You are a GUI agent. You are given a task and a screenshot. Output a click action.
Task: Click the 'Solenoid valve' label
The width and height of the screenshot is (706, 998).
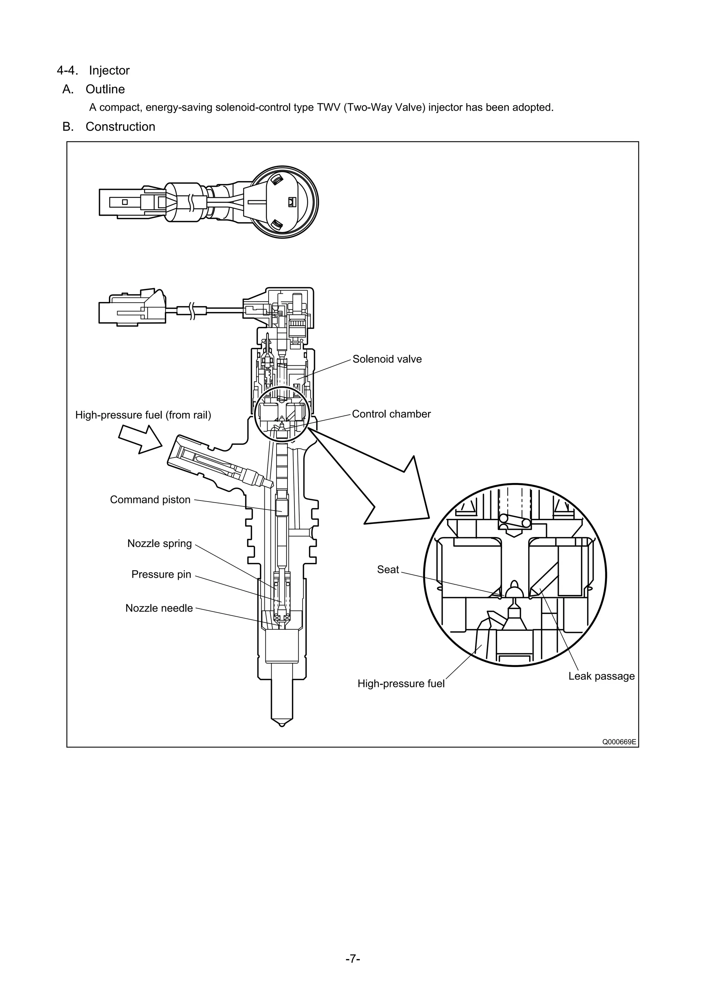[x=386, y=359]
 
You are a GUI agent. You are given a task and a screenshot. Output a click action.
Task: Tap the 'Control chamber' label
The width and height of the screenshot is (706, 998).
[x=391, y=414]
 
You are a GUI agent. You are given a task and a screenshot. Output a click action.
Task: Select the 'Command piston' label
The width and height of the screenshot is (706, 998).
[x=150, y=500]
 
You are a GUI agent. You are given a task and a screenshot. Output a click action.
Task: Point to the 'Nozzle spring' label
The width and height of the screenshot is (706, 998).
[x=159, y=543]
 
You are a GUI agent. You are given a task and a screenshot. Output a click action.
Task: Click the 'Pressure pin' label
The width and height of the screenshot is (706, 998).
[x=161, y=574]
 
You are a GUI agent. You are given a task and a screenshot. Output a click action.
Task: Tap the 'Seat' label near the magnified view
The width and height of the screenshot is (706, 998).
[x=388, y=569]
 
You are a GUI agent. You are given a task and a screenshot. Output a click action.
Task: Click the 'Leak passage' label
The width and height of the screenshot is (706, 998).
[x=601, y=676]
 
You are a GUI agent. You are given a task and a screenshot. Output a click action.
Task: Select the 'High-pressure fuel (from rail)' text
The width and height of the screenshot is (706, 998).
[x=143, y=415]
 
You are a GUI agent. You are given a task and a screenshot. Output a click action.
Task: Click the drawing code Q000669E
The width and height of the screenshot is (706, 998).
[x=619, y=742]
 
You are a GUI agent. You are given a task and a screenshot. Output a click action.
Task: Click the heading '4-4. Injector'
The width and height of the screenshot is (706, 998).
[x=93, y=70]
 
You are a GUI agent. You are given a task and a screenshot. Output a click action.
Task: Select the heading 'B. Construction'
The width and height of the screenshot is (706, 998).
[x=109, y=127]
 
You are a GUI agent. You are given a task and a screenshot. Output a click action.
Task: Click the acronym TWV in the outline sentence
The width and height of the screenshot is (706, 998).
[x=329, y=107]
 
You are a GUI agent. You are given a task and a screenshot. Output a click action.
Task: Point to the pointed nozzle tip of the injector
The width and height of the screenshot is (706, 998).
[x=282, y=725]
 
